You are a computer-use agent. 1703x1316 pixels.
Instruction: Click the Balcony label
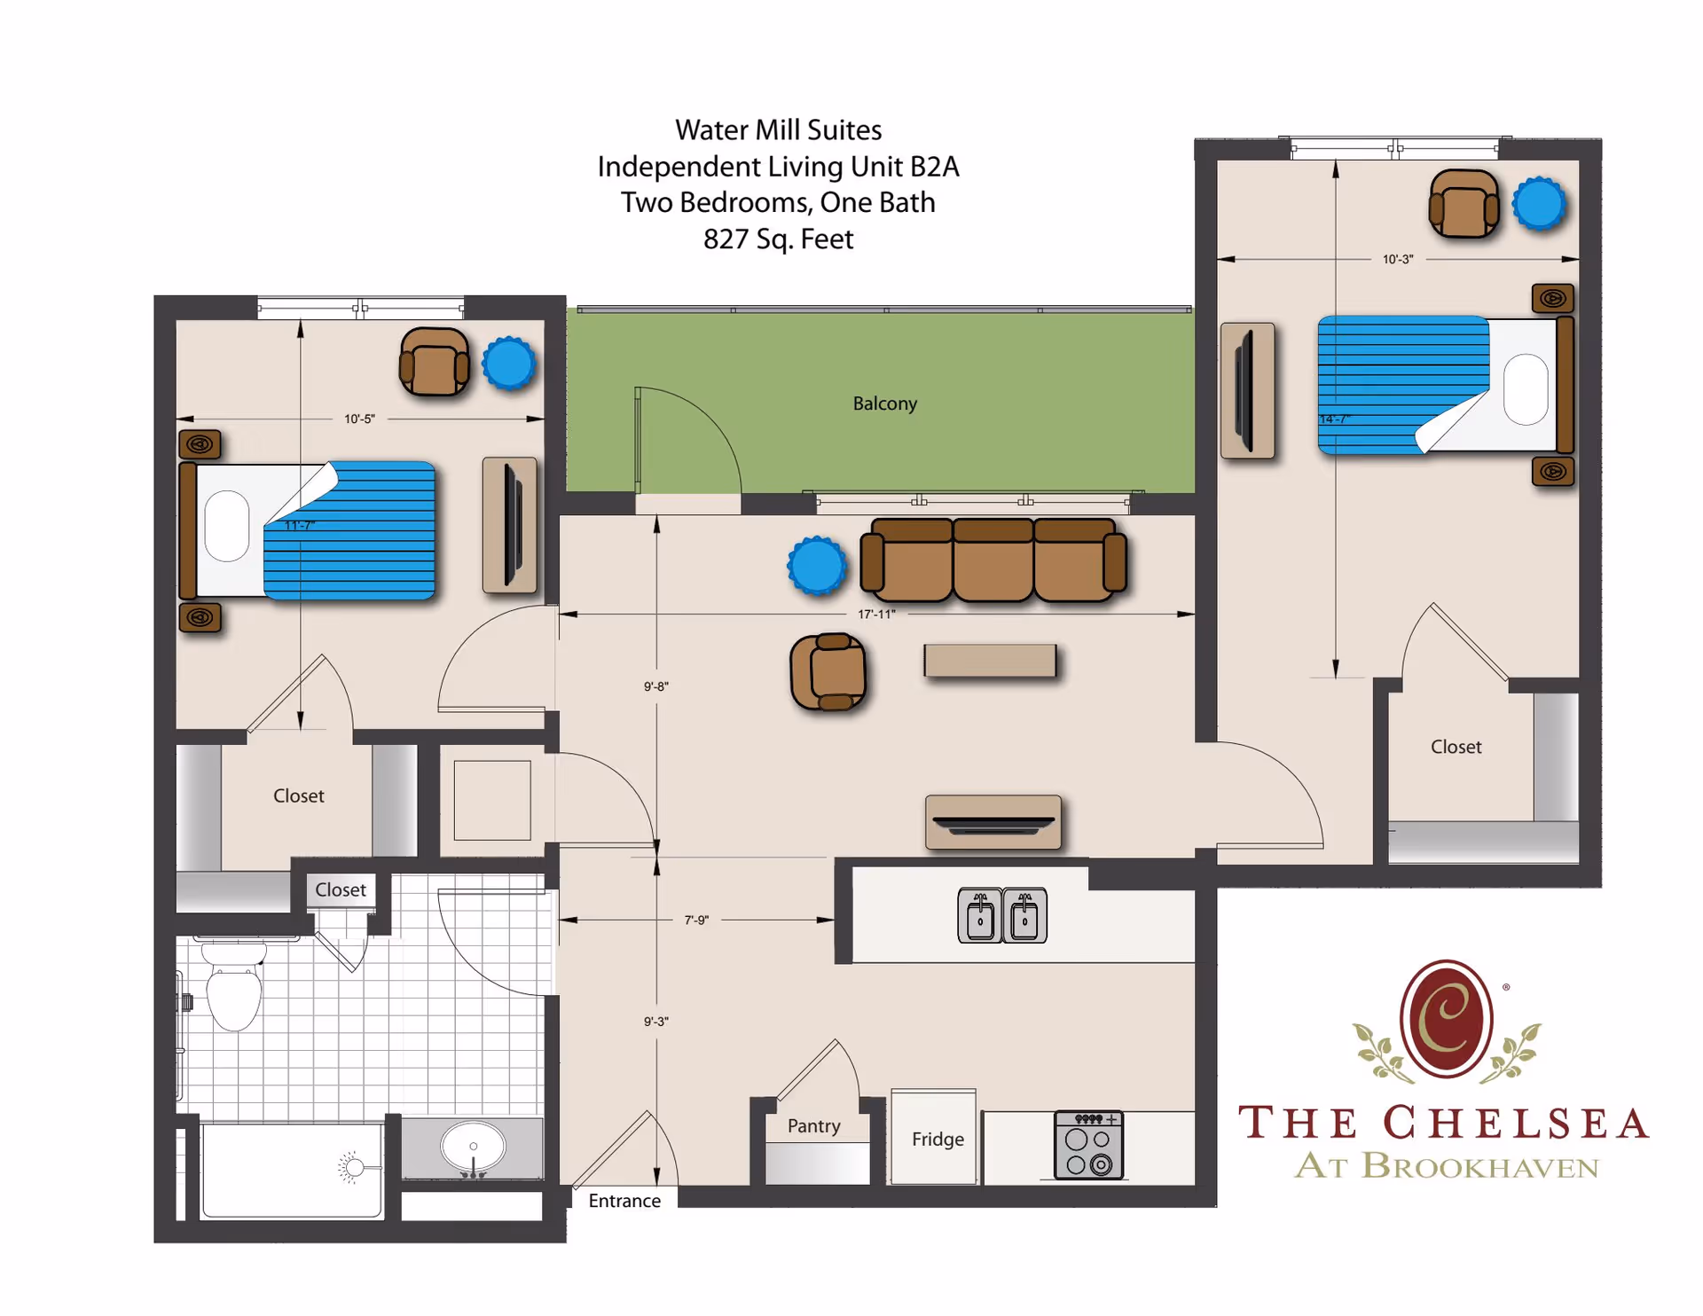tap(884, 403)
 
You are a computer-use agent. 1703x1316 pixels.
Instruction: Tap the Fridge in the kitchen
tap(937, 1139)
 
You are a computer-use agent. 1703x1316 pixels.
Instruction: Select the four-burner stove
tap(1088, 1145)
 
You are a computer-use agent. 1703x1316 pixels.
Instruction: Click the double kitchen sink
tap(1002, 915)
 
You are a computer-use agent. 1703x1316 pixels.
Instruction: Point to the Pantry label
tap(813, 1125)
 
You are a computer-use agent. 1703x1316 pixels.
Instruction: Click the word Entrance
tap(624, 1201)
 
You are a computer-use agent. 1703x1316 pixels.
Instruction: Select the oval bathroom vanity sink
tap(473, 1148)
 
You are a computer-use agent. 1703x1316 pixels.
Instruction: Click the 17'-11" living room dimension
tap(876, 614)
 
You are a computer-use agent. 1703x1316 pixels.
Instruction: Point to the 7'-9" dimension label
tap(696, 920)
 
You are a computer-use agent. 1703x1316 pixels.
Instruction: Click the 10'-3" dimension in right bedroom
tap(1398, 259)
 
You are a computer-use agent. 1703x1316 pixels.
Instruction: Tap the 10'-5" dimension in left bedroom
tap(359, 419)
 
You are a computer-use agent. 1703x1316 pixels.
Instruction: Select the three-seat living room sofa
tap(993, 561)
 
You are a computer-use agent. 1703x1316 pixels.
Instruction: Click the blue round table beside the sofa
tap(817, 566)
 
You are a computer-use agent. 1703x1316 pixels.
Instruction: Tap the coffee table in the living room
tap(990, 661)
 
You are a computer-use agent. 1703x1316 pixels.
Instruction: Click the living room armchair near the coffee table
tap(828, 672)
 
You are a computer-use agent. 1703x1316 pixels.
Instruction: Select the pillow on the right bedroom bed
tap(1526, 389)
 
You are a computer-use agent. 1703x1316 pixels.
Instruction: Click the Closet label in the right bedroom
tap(1456, 747)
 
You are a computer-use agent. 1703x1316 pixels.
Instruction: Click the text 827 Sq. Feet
tap(778, 239)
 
